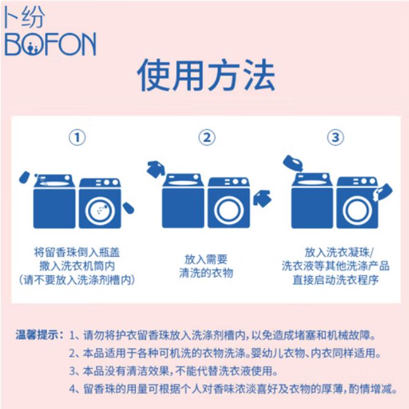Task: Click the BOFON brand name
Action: coord(51,44)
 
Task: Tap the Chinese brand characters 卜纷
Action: coord(24,17)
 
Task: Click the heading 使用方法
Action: coord(206,75)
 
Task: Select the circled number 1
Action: coord(77,137)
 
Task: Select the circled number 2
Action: coord(207,137)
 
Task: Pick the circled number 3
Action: coord(336,137)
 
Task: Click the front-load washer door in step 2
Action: coord(228,210)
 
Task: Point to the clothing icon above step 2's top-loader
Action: coord(156,169)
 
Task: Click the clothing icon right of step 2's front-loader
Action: coord(262,199)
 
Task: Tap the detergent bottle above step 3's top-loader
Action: coord(292,163)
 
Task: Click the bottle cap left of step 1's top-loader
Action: coord(24,176)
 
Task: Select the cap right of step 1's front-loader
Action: coord(128,208)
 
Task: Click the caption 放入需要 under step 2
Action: coord(206,259)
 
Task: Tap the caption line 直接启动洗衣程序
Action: coord(336,280)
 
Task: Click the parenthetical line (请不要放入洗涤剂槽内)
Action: coord(77,280)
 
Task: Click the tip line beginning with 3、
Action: coord(173,371)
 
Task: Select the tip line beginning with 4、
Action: coord(233,389)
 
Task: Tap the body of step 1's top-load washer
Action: coord(54,208)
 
